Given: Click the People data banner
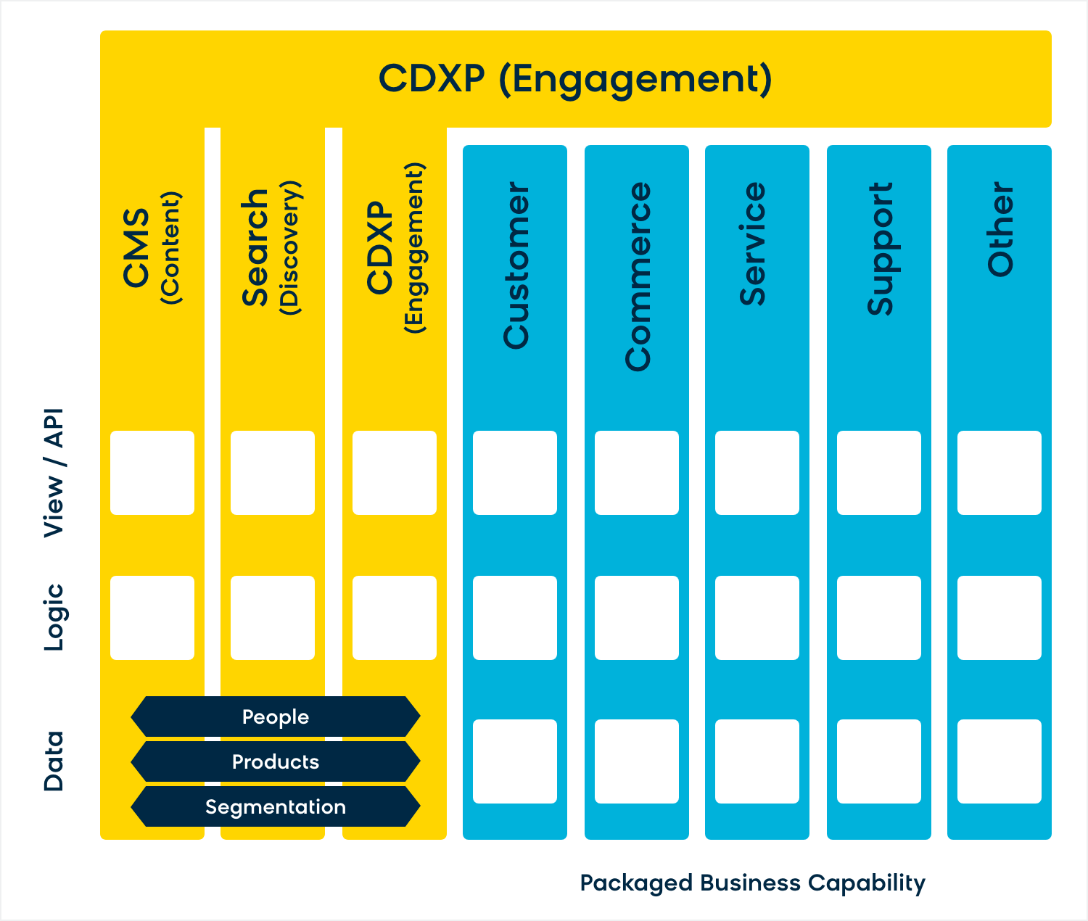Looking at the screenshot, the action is click(276, 716).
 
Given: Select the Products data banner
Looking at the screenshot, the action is click(276, 761).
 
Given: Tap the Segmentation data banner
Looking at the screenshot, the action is click(276, 807).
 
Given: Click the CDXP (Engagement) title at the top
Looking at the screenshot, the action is click(575, 80).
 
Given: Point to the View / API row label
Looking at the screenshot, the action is click(54, 473).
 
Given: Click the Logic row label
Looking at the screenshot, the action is click(54, 617).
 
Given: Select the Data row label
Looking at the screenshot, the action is click(54, 761).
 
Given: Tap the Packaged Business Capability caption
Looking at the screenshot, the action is click(753, 883).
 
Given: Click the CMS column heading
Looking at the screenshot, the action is click(152, 247).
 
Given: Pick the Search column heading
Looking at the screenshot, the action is click(271, 247).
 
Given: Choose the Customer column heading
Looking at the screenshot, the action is click(516, 265).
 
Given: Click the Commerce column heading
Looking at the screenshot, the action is click(638, 276).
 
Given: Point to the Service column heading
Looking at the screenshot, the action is click(753, 244).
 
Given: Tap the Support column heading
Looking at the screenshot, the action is click(880, 249).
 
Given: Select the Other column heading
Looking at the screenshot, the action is click(1000, 229).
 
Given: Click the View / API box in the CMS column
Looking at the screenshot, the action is click(152, 473).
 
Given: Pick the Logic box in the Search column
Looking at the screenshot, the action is click(273, 617).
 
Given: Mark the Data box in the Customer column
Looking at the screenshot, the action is click(515, 761).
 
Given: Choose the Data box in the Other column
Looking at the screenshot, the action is click(999, 761).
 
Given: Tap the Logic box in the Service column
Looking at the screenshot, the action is click(757, 617).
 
